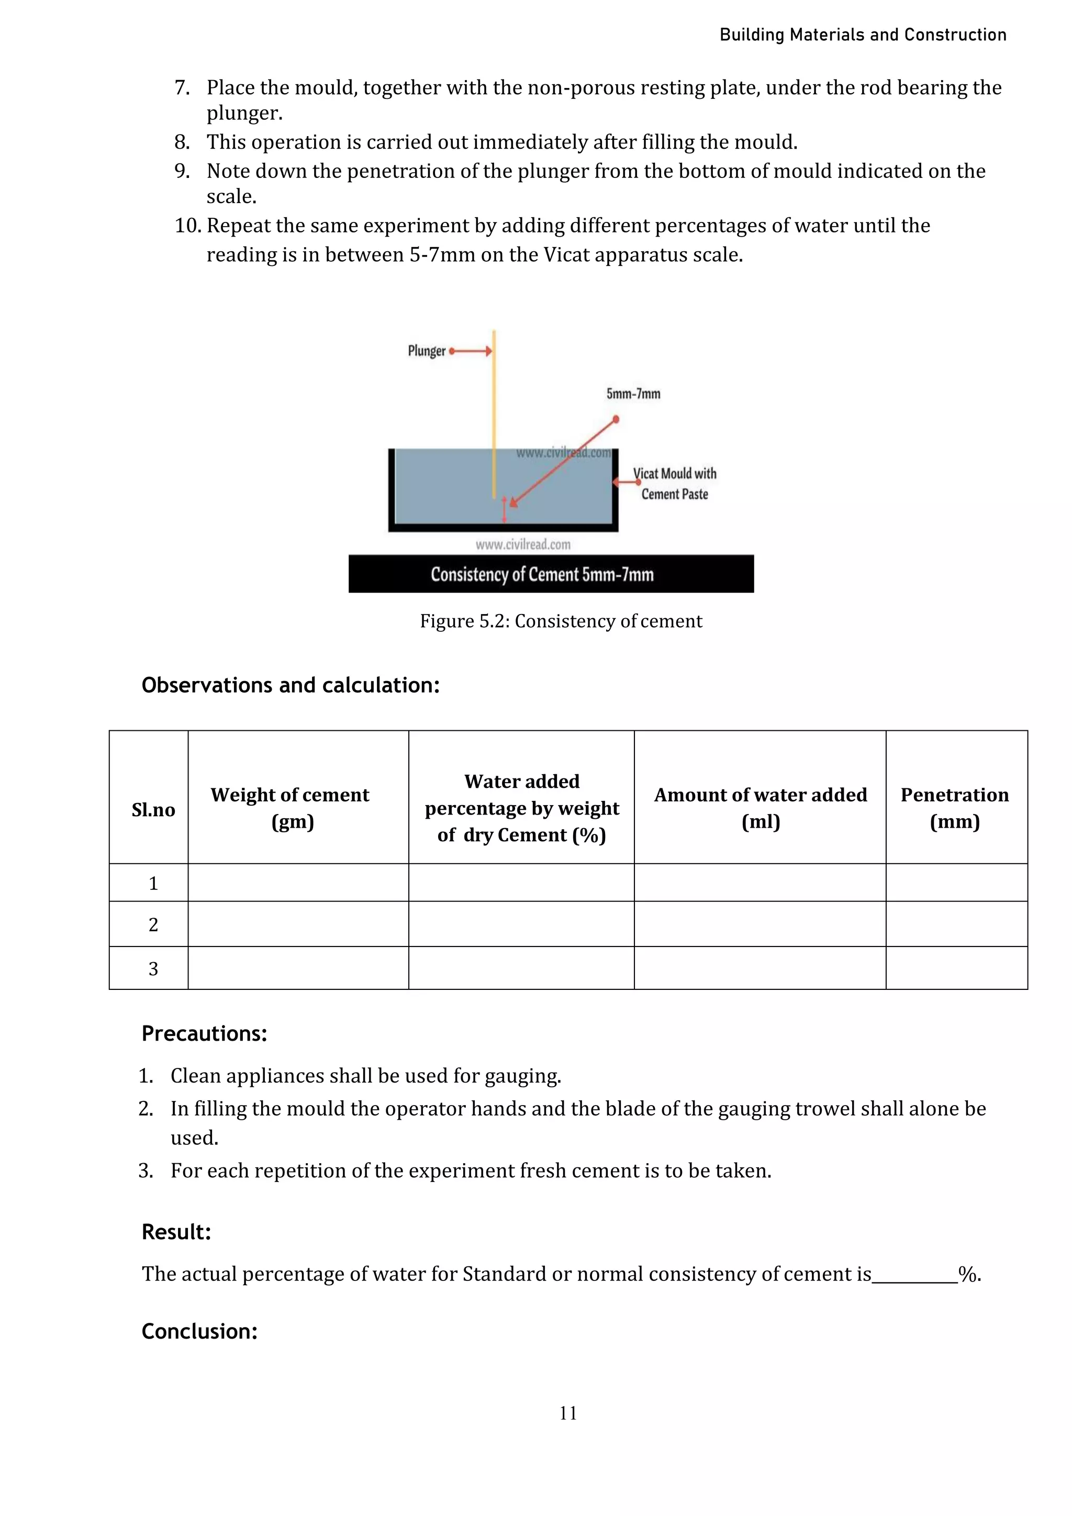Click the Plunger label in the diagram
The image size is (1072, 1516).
[427, 351]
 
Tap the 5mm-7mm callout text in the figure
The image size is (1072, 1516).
[633, 394]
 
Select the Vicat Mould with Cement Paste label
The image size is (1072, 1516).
[675, 483]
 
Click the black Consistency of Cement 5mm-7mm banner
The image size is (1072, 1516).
[551, 574]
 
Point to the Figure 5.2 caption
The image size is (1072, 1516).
[561, 621]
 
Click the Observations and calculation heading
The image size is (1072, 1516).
[291, 685]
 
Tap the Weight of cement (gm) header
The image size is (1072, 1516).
[291, 808]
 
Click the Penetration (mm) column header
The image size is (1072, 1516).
[955, 808]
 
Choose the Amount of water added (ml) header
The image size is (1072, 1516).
[761, 808]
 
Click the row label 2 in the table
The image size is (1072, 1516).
[153, 924]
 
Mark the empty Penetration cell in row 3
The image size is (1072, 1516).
[956, 968]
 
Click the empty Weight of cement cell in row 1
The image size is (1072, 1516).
[298, 883]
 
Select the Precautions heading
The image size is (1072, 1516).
[204, 1033]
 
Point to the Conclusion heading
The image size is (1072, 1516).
[199, 1331]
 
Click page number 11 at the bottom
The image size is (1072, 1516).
[568, 1413]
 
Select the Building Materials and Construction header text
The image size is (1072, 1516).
[862, 35]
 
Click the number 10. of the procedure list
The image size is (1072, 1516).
[187, 226]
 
